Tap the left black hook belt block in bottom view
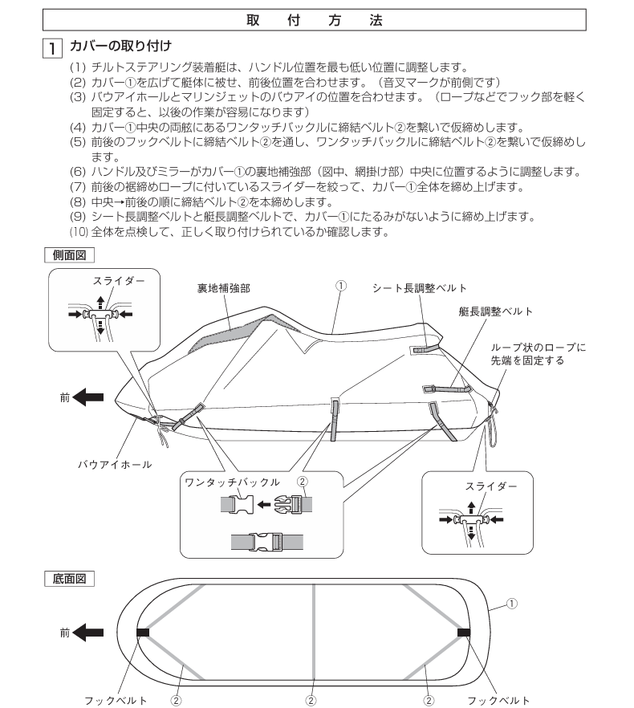point(143,633)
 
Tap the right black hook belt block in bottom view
point(462,633)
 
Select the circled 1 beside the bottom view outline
point(511,601)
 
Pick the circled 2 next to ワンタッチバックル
point(301,482)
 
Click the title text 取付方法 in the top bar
point(316,18)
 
